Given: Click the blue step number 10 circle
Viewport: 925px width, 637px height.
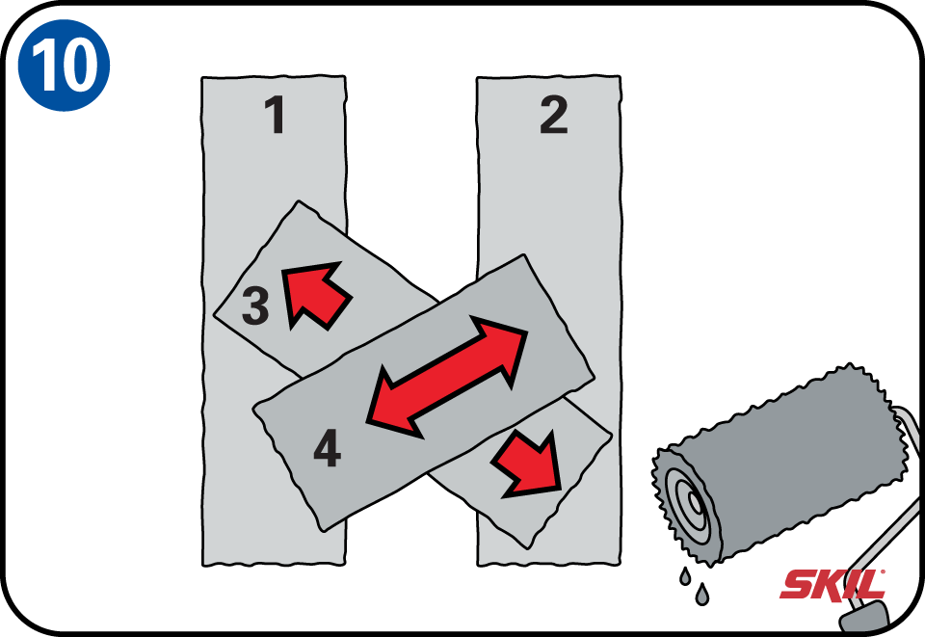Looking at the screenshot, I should (x=65, y=65).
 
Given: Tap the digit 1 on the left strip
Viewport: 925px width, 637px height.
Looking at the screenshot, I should (x=276, y=116).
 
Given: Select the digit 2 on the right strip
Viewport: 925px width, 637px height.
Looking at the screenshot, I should (x=553, y=116).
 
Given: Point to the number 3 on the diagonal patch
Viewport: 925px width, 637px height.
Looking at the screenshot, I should (x=254, y=306).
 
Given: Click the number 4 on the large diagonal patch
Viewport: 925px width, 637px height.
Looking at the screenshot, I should (x=328, y=449).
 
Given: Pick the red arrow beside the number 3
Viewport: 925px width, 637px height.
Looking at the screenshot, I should (x=315, y=294).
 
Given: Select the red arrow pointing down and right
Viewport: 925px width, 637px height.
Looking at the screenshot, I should (x=528, y=464).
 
